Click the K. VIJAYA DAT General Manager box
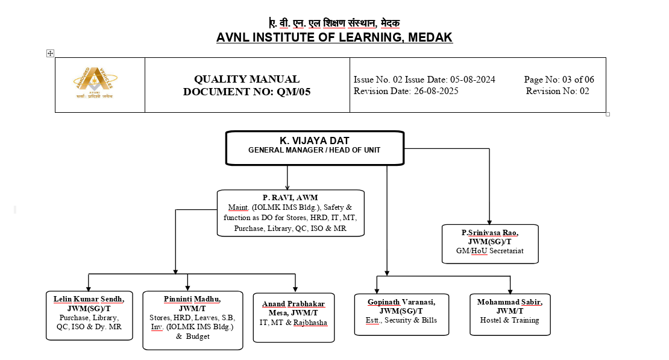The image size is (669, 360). coord(314,148)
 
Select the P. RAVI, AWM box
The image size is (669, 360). coord(290,213)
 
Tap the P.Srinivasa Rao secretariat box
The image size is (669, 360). coord(489,244)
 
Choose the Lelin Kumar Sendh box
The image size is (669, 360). coord(89,315)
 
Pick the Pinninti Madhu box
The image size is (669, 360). coord(192,320)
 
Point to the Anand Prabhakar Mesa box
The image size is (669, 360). coord(294,317)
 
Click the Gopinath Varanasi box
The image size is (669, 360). coord(401,314)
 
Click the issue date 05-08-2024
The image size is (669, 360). coord(471,80)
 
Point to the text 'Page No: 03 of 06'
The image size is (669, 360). coord(559,80)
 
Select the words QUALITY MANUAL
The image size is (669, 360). coord(247,79)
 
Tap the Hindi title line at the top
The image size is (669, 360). coord(334,23)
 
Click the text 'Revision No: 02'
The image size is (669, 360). coord(557,91)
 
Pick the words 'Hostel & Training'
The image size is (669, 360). coord(509,320)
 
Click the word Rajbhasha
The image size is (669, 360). coord(310,323)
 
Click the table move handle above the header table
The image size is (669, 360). coord(51,53)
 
